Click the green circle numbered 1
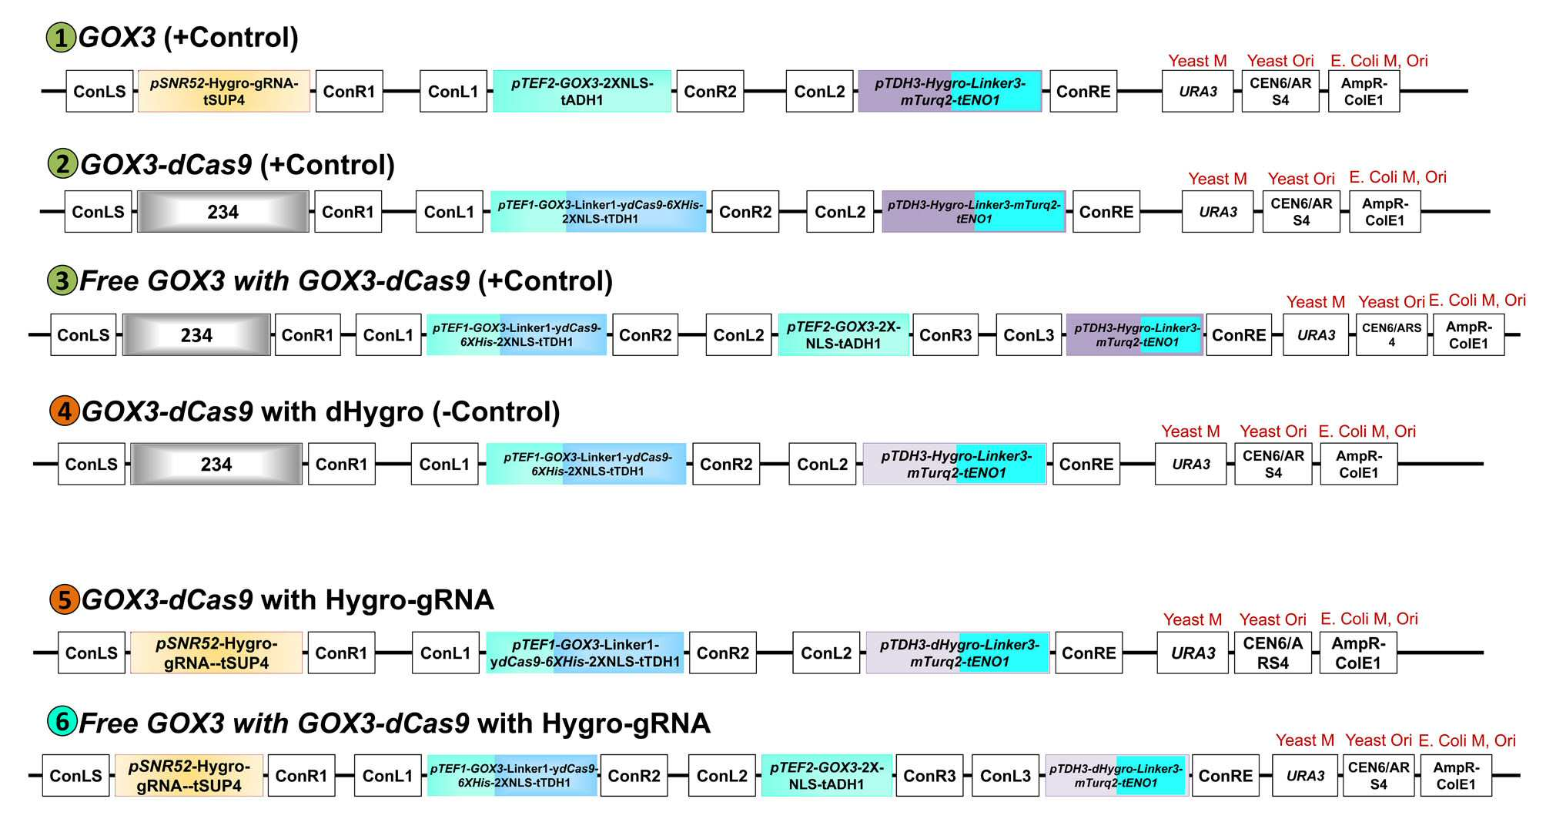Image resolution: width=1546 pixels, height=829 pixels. (x=61, y=38)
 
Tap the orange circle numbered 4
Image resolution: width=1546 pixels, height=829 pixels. (x=64, y=411)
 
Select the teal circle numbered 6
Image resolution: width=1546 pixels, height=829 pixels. (x=62, y=722)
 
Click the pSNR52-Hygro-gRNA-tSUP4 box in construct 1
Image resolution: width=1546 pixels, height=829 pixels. (x=224, y=91)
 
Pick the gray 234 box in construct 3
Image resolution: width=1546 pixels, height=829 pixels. (x=196, y=334)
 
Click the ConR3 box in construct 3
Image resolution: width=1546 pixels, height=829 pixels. (x=945, y=334)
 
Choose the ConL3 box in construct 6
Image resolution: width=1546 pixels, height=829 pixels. (x=1005, y=775)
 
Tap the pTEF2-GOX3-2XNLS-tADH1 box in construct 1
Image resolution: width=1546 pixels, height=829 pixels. (x=582, y=91)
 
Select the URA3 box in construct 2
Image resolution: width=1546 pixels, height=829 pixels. (x=1217, y=211)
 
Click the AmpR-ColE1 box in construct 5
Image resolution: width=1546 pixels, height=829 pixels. (x=1358, y=653)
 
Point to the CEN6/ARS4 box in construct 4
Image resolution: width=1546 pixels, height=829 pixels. (x=1273, y=464)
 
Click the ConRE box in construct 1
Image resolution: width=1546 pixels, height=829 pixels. (x=1083, y=91)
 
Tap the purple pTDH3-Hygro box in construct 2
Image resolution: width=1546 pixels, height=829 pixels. (x=974, y=211)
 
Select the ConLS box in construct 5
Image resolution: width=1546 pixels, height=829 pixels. (x=92, y=653)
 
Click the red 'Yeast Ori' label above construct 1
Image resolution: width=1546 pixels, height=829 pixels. (x=1280, y=61)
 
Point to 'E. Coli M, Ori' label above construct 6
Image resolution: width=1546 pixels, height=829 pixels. (x=1467, y=740)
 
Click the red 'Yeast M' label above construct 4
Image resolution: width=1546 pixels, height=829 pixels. (x=1190, y=431)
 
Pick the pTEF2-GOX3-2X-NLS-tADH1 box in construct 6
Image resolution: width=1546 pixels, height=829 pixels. (x=827, y=775)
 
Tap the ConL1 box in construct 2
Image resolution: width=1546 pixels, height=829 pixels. (x=450, y=211)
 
